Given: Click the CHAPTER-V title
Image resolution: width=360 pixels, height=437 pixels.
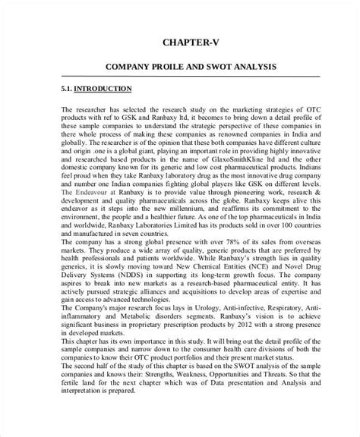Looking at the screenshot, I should coord(179,42).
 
